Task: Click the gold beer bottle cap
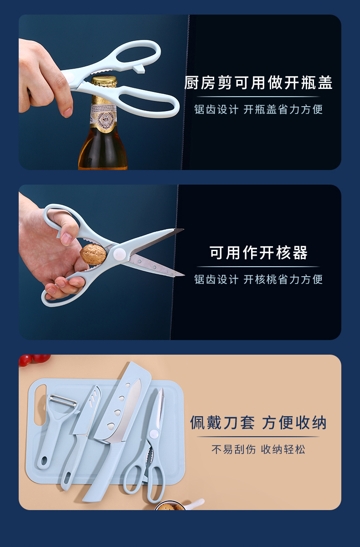[104, 81]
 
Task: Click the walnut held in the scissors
[93, 254]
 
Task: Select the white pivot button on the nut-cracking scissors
[119, 254]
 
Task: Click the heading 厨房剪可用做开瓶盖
[258, 83]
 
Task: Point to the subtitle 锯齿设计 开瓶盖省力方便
[258, 109]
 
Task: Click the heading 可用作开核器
[258, 253]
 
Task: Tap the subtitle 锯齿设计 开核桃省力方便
[258, 279]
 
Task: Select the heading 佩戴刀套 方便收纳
[258, 423]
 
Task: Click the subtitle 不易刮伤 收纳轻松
[258, 449]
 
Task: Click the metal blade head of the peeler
[63, 401]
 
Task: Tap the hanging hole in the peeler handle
[44, 460]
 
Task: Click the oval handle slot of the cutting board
[41, 405]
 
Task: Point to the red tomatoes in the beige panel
[34, 360]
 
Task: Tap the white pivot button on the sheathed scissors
[154, 434]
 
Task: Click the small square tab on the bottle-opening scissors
[139, 69]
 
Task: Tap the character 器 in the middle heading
[300, 253]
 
